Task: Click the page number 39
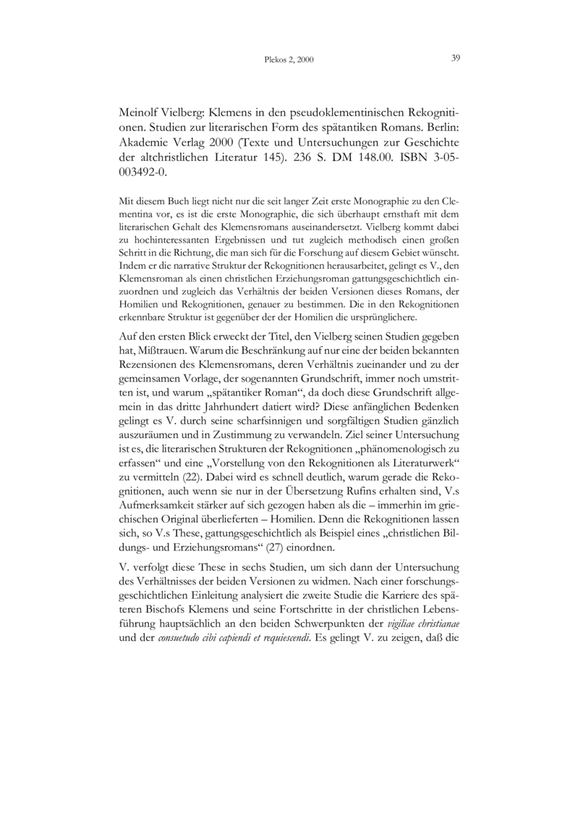[456, 59]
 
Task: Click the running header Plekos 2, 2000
[285, 60]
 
